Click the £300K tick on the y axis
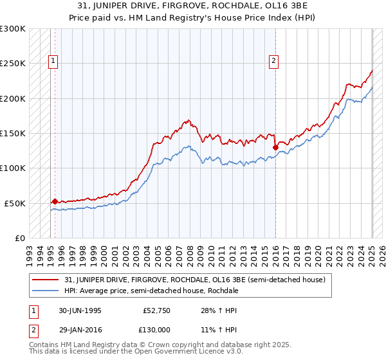13,29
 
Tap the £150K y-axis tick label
13,133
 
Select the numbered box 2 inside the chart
273,62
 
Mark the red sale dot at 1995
55,201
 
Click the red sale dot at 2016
275,147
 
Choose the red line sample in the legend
45,280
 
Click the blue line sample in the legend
45,291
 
